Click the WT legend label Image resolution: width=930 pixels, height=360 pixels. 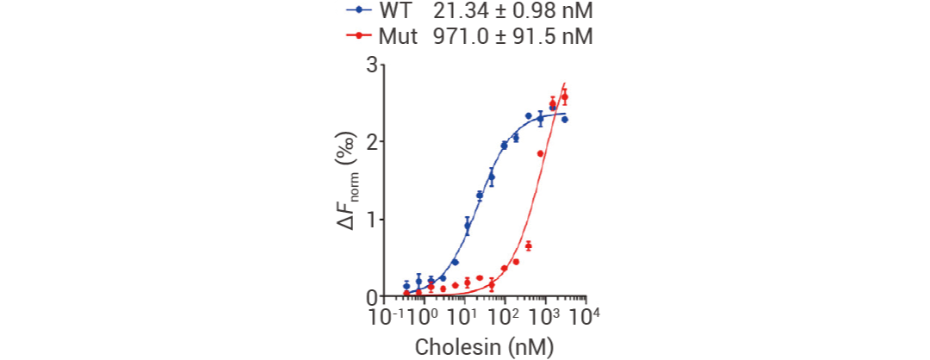click(x=394, y=12)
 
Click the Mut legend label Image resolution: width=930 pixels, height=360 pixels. click(x=397, y=37)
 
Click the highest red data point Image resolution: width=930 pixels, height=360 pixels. click(x=565, y=96)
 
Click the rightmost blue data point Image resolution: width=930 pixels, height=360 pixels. click(x=565, y=119)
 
